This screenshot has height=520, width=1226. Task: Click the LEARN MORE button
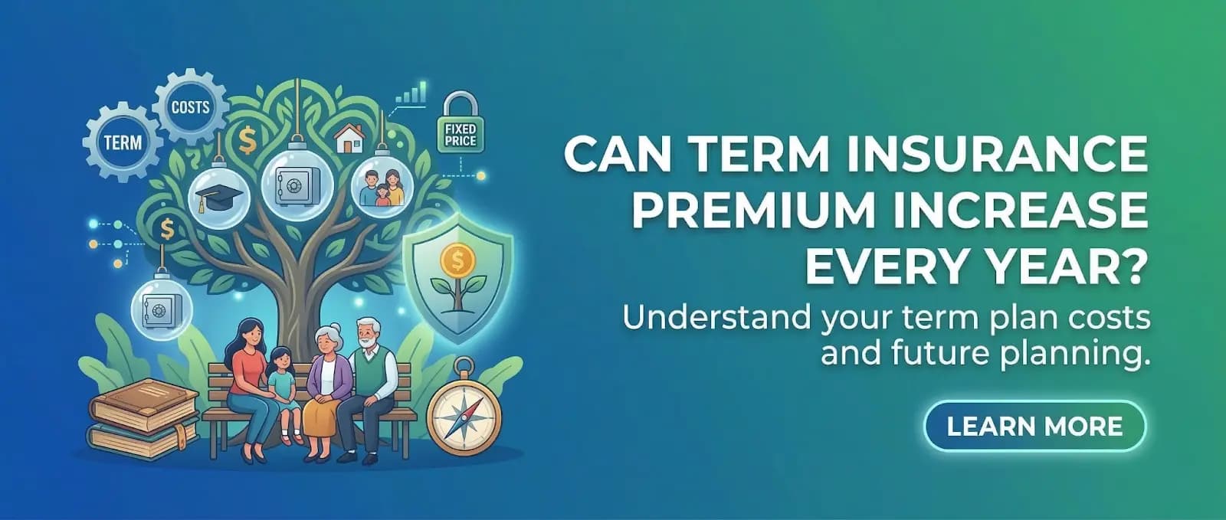1034,426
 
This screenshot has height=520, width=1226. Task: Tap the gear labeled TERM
123,142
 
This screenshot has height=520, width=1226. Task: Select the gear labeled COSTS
190,107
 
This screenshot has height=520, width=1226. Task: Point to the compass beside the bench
463,415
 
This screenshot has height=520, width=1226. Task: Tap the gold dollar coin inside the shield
457,261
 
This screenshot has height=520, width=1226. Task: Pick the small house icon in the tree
349,138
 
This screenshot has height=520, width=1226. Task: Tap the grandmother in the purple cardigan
328,383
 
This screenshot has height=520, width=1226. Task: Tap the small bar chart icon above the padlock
411,94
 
